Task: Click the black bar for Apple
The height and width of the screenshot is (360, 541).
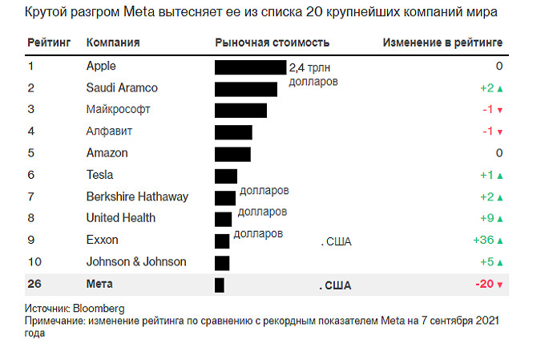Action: pos(250,67)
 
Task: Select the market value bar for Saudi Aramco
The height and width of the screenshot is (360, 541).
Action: pos(245,88)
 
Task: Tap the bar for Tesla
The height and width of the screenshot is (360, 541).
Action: pos(225,176)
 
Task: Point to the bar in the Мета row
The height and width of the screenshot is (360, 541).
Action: pos(219,285)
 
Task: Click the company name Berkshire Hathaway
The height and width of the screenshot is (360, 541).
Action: pos(137,196)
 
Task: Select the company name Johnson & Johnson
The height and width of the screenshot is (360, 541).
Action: pos(136,261)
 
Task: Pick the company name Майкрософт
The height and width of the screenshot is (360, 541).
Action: pos(119,109)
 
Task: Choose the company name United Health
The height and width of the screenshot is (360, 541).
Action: pos(120,218)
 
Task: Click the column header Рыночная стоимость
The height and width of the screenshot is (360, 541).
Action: pos(273,42)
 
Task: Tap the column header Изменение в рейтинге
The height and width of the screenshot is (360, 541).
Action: pos(442,42)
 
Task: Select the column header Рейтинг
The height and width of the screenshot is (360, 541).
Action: pos(48,42)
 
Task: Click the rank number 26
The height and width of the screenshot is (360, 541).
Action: pos(34,284)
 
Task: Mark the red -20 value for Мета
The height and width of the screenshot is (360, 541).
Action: pos(485,284)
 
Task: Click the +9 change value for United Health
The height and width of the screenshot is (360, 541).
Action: pos(486,218)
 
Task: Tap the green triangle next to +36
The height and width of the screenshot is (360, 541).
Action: pos(499,241)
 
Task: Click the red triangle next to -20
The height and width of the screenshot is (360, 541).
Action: pos(499,285)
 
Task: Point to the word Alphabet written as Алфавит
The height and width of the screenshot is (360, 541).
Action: pos(109,131)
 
